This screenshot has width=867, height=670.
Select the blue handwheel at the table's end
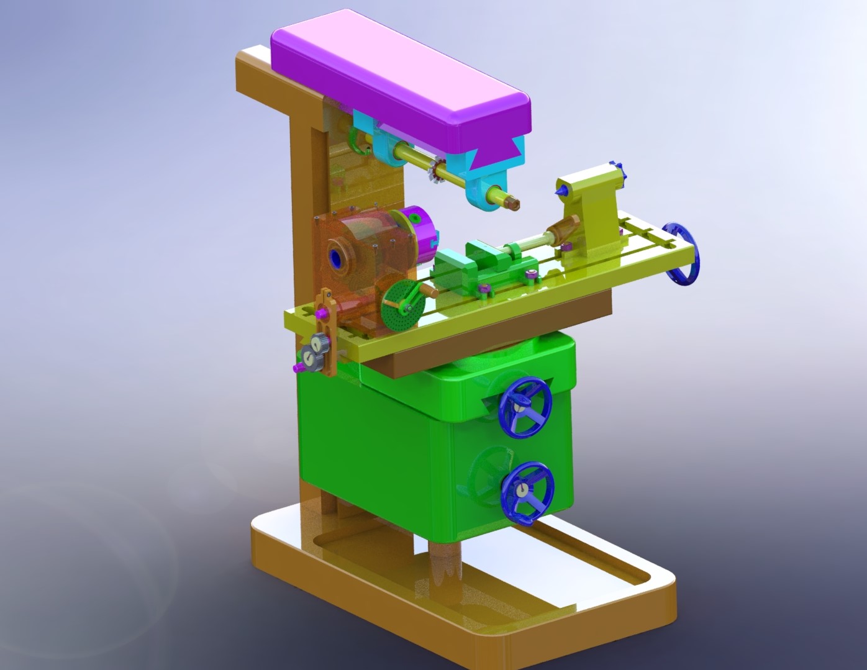(x=684, y=255)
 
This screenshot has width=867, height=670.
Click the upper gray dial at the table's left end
(x=319, y=342)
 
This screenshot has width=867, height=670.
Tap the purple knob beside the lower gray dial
(x=299, y=368)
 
